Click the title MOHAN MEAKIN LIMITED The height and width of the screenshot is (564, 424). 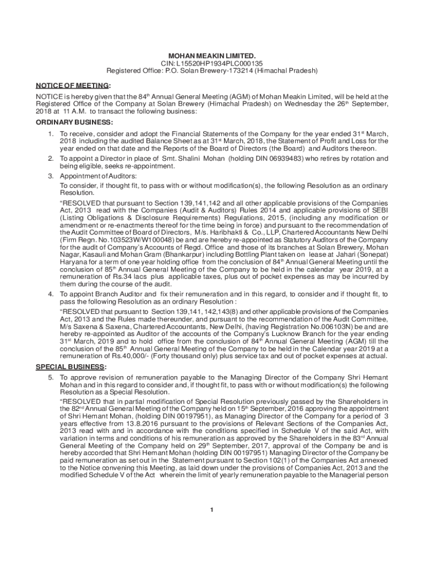[212, 56]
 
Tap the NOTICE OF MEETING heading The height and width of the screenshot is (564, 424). [73, 85]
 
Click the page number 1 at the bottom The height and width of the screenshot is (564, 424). [211, 509]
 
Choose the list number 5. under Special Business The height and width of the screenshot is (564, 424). [50, 378]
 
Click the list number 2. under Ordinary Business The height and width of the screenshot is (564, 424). [50, 159]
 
